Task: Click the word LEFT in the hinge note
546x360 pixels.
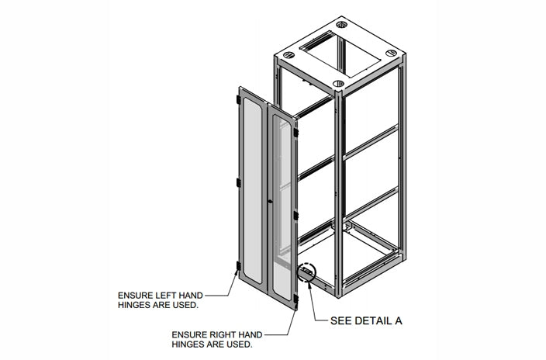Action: pyautogui.click(x=162, y=296)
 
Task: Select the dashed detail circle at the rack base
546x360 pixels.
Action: pyautogui.click(x=306, y=274)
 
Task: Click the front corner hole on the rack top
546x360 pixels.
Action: pyautogui.click(x=338, y=83)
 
